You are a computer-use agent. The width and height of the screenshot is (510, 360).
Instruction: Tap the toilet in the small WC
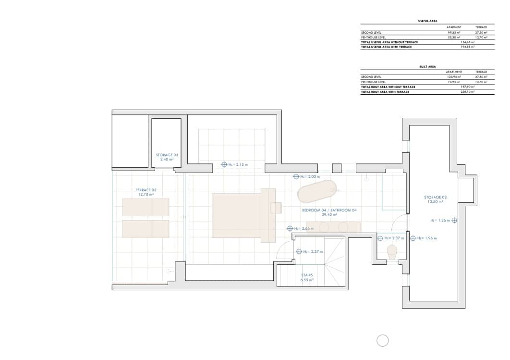click(x=392, y=251)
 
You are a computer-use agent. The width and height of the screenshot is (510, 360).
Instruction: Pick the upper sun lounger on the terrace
click(x=146, y=207)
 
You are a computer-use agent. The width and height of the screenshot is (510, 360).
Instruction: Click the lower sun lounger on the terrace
click(x=146, y=229)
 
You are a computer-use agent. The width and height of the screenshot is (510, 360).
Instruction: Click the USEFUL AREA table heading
click(x=427, y=21)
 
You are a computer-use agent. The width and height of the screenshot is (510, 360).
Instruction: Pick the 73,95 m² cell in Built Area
click(x=454, y=82)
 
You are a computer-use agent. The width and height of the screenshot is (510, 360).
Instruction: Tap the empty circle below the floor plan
click(x=382, y=341)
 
